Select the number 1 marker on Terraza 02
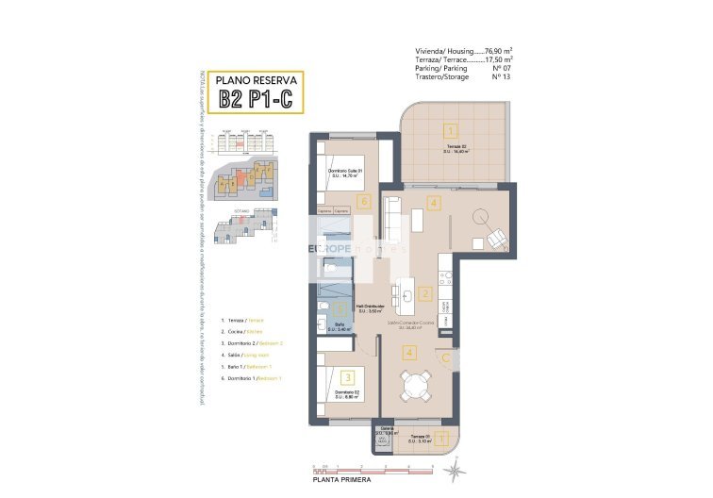tap(452, 131)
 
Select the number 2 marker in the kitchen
tap(425, 294)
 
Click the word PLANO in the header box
tap(233, 79)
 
